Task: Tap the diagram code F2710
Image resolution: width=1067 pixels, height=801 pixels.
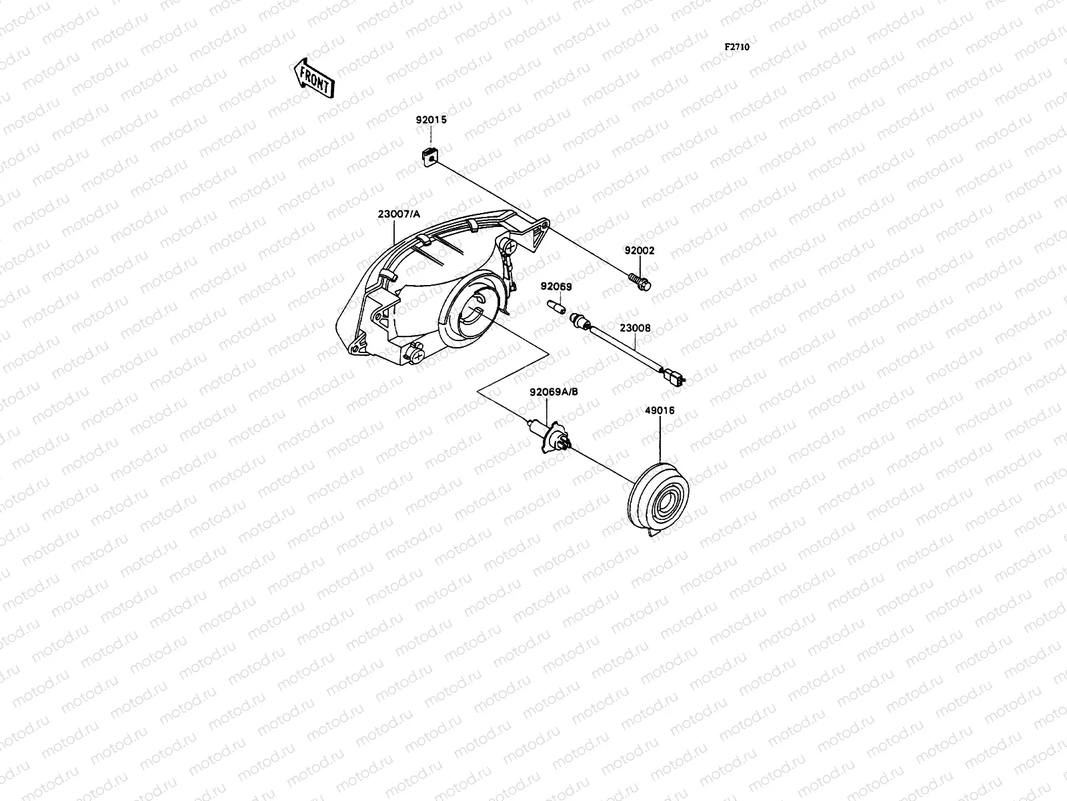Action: (x=738, y=47)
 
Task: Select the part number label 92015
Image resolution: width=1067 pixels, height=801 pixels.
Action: (x=431, y=120)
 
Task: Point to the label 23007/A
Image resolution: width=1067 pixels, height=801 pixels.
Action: (x=399, y=214)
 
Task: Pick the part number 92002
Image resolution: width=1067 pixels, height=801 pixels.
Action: (x=640, y=251)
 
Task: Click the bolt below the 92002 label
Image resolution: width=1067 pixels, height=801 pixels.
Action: (x=640, y=282)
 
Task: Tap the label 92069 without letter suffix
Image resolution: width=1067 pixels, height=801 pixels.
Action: (x=556, y=286)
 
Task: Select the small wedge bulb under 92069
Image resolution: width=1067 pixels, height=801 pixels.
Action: (x=556, y=308)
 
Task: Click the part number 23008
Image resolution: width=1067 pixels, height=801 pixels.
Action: (x=635, y=328)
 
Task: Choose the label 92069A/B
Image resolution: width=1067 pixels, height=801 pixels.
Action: (x=554, y=392)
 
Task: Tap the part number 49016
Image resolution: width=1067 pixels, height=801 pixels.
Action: (x=660, y=411)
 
